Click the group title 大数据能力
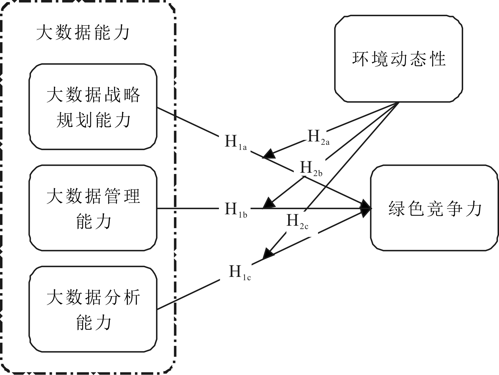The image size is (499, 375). (x=83, y=33)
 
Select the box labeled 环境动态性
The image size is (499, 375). (x=398, y=59)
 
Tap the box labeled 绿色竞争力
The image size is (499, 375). (x=435, y=208)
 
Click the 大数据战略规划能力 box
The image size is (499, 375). (x=93, y=107)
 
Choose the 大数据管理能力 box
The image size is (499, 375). (x=93, y=208)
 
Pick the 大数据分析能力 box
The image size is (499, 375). (x=93, y=309)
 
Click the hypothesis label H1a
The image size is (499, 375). (x=235, y=142)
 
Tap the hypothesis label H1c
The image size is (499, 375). (x=240, y=272)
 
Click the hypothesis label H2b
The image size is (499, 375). (x=311, y=169)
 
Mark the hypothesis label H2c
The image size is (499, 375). (x=297, y=221)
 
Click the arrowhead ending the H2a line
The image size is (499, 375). (x=269, y=154)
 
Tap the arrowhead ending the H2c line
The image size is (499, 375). (x=268, y=253)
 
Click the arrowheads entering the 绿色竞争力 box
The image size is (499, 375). (x=366, y=208)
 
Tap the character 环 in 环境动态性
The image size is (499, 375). (x=360, y=59)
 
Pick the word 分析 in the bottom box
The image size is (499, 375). (x=122, y=297)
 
